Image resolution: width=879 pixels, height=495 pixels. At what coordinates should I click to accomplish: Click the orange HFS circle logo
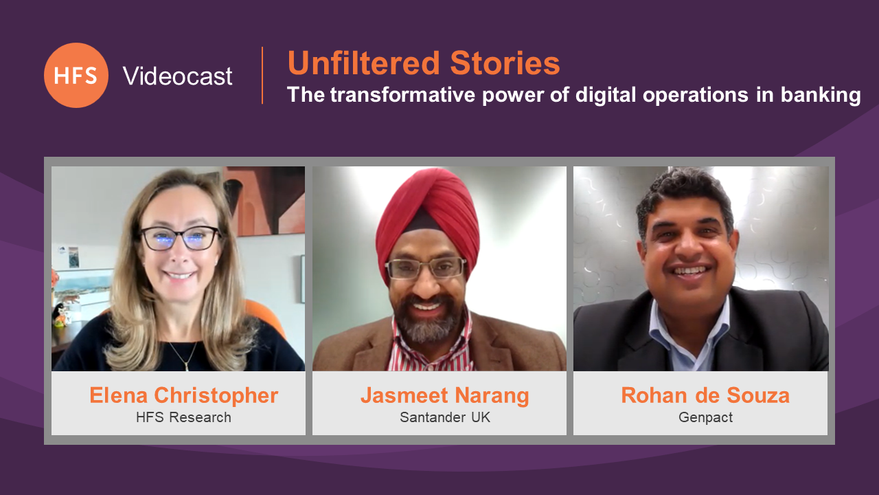76,76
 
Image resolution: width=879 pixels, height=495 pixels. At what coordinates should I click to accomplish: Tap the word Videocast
177,76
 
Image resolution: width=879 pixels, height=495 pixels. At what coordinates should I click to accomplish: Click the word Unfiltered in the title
364,63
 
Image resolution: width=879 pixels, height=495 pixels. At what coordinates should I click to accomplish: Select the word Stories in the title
505,63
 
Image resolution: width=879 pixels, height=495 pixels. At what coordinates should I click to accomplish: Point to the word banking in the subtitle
821,95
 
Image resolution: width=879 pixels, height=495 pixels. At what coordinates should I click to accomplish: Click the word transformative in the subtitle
402,95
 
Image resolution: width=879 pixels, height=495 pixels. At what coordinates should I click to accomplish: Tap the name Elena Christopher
183,395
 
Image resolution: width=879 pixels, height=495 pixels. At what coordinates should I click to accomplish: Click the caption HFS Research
183,417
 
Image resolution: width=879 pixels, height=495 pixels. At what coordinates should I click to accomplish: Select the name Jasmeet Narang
444,395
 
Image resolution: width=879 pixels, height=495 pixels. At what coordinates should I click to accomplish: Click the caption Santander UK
445,417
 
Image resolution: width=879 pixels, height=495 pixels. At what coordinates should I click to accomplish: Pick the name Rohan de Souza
705,395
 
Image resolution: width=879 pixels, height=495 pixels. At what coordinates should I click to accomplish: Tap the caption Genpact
705,417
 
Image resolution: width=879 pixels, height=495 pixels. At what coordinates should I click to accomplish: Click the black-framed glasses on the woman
181,238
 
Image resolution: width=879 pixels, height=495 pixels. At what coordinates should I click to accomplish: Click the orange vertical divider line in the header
262,76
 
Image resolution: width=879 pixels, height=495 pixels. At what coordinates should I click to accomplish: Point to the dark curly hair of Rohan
683,192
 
